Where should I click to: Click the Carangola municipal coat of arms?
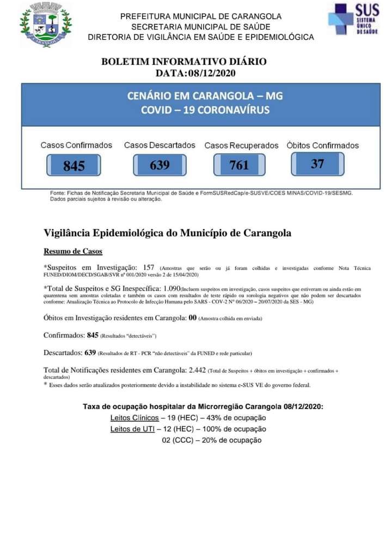[46, 24]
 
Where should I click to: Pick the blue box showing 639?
[160, 165]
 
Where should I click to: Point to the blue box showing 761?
[239, 165]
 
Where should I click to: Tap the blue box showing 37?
[317, 163]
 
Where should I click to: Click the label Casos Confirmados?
[76, 145]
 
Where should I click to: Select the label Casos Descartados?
[160, 145]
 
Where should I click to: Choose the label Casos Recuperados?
[241, 146]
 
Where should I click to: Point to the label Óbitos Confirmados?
[323, 145]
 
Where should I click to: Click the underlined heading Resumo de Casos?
[73, 252]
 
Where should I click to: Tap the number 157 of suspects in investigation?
[149, 267]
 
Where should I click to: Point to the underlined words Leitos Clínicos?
[134, 418]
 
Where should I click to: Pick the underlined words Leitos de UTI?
[132, 429]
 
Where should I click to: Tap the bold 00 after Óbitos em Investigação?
[192, 318]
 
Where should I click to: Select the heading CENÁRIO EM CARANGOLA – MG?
[205, 96]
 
